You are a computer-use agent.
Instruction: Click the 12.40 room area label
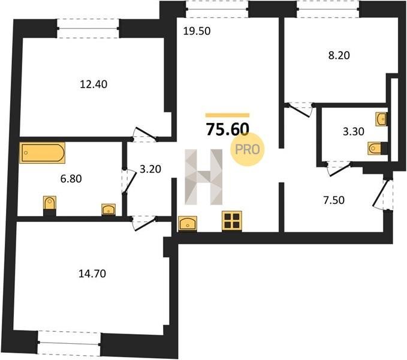94,85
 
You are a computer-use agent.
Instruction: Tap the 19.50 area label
197,31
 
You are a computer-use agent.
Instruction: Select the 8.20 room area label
339,55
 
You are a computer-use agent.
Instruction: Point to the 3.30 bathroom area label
353,131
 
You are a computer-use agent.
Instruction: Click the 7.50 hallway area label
334,200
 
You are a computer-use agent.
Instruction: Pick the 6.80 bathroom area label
71,179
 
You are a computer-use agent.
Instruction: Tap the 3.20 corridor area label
150,169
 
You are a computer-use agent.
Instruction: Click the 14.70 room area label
92,274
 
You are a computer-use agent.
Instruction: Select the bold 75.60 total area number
228,129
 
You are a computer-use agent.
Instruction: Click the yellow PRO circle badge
248,149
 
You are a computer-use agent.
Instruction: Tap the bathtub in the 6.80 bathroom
43,153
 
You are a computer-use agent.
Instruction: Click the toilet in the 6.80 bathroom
50,205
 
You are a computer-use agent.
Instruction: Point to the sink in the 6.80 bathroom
108,209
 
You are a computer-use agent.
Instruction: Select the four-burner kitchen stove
232,221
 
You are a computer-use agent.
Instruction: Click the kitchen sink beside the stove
188,223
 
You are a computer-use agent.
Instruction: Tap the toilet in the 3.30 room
378,148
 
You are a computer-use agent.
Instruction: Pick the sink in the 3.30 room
381,119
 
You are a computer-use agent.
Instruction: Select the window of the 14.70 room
69,343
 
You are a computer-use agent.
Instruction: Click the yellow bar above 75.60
227,115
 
